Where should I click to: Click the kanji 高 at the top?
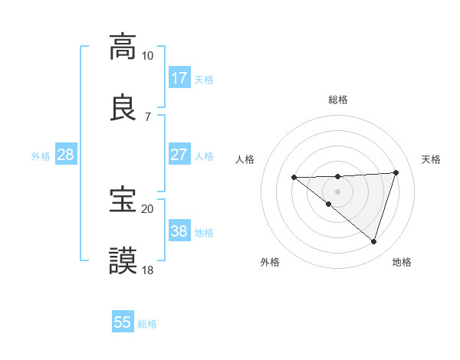(123, 47)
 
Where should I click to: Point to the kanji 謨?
(123, 261)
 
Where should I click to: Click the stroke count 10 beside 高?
(147, 56)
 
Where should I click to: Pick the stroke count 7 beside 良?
(147, 117)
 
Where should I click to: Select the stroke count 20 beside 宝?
(147, 208)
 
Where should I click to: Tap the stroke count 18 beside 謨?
(147, 270)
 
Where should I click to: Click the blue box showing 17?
(179, 77)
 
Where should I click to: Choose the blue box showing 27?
(179, 155)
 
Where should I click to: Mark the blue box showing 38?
(179, 231)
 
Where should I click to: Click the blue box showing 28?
(66, 155)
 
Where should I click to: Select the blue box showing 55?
(123, 322)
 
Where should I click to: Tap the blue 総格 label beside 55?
(147, 324)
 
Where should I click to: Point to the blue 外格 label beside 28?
(41, 156)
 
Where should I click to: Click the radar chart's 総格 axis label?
(337, 100)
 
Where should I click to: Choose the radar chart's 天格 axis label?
(431, 159)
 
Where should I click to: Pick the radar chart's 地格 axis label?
(402, 263)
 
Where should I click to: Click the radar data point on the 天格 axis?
(396, 172)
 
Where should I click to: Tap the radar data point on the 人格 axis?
(294, 178)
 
